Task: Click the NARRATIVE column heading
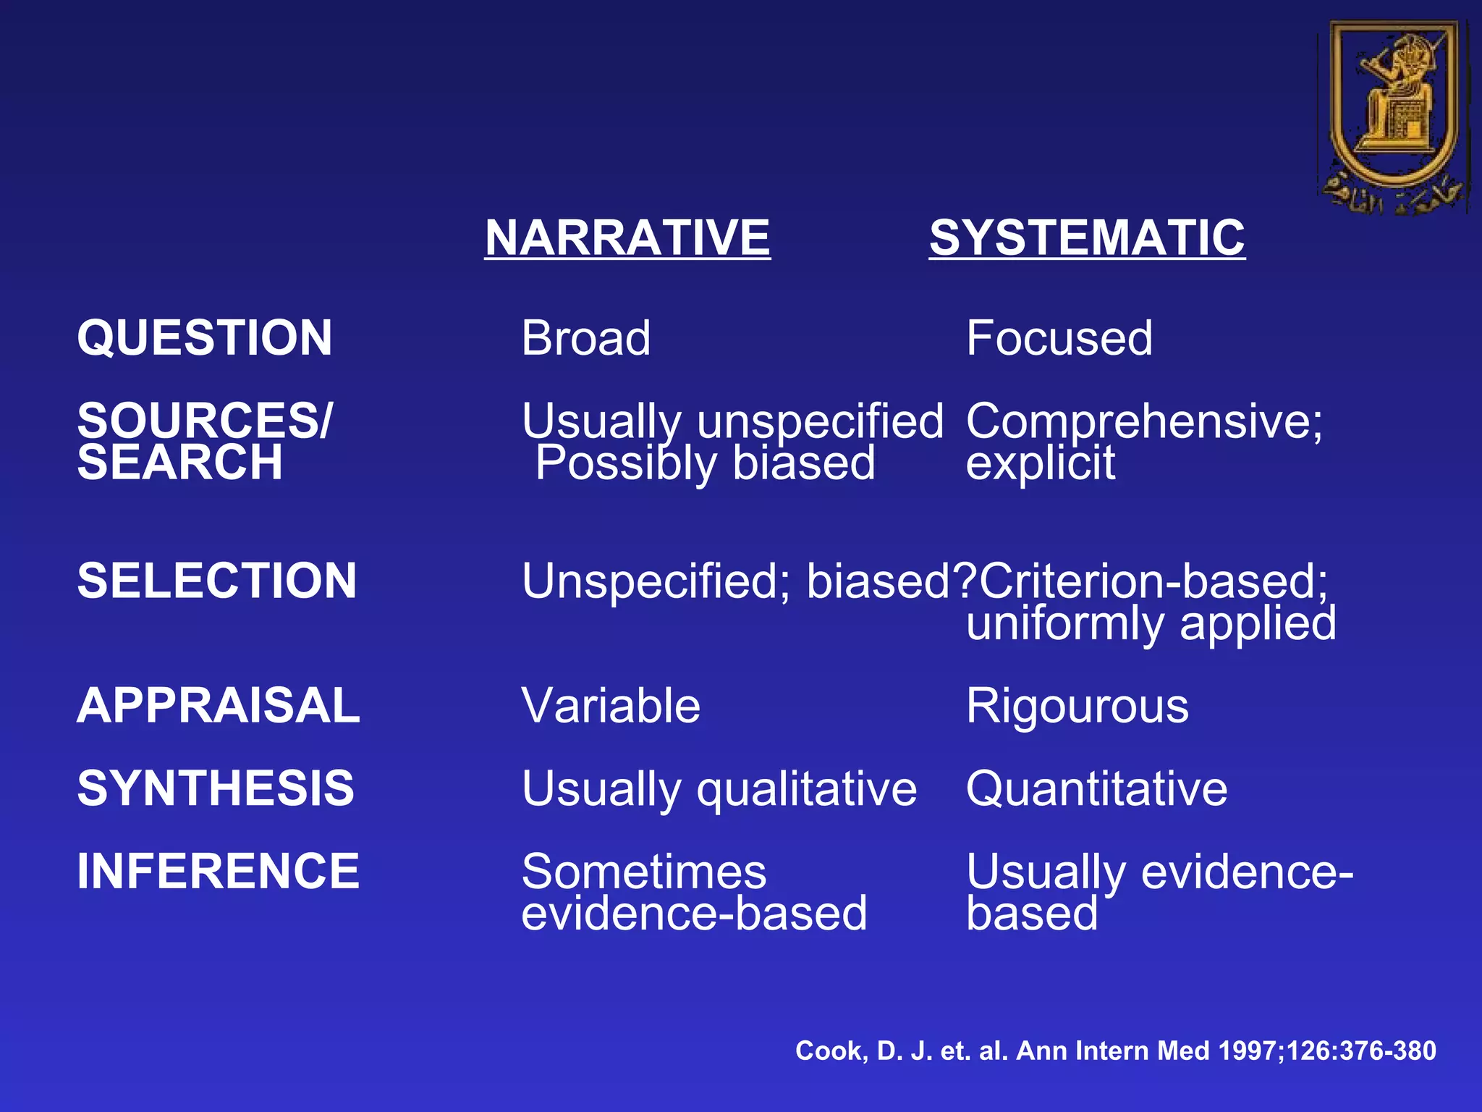(x=627, y=237)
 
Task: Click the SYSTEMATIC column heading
(x=1087, y=237)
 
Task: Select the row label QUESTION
(x=205, y=338)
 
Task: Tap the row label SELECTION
(x=217, y=581)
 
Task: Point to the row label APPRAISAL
(x=219, y=706)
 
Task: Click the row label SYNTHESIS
(x=216, y=788)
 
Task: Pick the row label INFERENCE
(x=218, y=871)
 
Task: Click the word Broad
(x=586, y=338)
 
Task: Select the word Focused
(x=1059, y=338)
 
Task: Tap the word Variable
(x=611, y=706)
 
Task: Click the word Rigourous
(x=1077, y=706)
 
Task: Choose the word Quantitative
(x=1097, y=788)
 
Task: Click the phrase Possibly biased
(x=706, y=463)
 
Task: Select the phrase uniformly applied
(x=1151, y=624)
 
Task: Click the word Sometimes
(x=644, y=872)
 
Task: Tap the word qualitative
(x=807, y=789)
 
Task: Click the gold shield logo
(x=1393, y=116)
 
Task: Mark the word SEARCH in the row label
(x=180, y=463)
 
